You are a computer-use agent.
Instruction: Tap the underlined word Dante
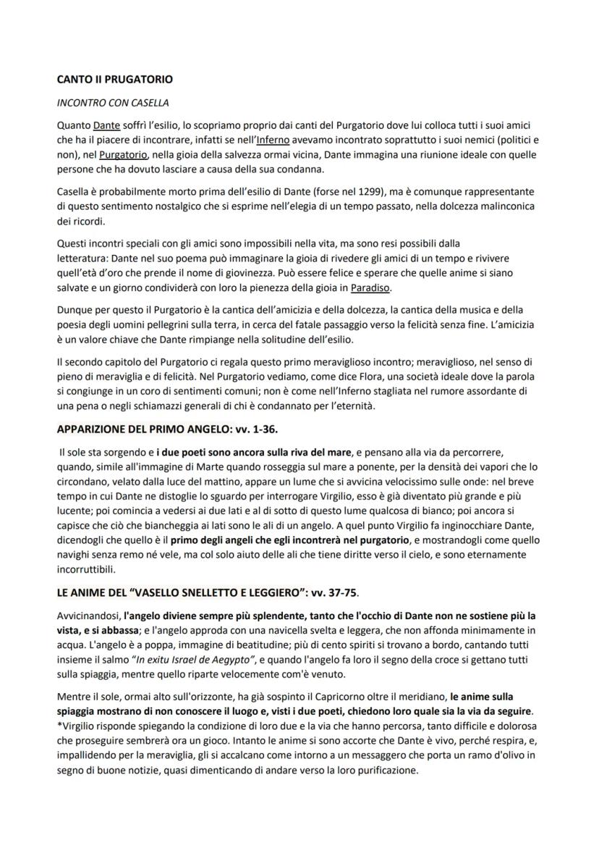point(106,125)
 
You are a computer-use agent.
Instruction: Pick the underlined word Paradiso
point(370,288)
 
